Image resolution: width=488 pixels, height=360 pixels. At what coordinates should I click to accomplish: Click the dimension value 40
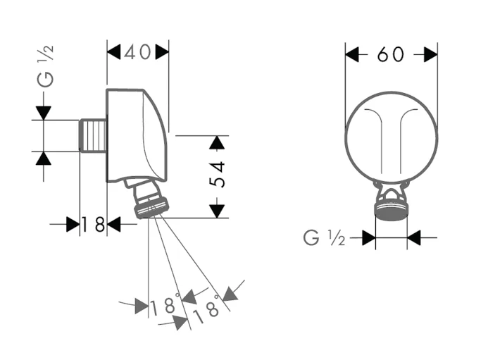pos(137,52)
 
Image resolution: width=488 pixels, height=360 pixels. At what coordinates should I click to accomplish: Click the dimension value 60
pos(391,54)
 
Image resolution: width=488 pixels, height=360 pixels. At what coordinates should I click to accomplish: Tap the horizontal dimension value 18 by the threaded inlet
pos(93,225)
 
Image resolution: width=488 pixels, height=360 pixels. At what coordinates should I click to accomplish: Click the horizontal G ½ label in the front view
pos(324,238)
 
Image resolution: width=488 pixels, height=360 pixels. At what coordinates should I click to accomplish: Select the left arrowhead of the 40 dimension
pos(114,51)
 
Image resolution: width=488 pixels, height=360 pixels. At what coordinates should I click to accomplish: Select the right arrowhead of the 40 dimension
pos(162,51)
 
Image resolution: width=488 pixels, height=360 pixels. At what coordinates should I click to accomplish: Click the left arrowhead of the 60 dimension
pos(352,54)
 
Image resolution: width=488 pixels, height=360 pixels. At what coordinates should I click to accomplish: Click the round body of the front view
pos(391,137)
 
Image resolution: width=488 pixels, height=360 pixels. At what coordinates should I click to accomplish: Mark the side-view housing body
pos(137,134)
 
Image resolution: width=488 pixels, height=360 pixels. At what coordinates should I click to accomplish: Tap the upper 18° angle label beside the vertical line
pos(164,306)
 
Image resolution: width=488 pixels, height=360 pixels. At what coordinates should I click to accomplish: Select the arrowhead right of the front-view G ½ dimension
pos(414,238)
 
